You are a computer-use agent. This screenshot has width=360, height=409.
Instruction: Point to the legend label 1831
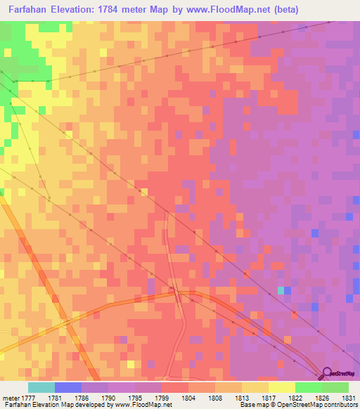[x=347, y=397]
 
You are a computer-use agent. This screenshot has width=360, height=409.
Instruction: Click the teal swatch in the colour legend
[x=41, y=387]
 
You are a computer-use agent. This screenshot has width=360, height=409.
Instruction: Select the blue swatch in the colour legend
[x=68, y=387]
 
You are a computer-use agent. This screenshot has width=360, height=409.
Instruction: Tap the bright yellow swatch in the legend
[x=282, y=387]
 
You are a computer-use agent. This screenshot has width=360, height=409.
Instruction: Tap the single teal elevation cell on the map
[x=281, y=290]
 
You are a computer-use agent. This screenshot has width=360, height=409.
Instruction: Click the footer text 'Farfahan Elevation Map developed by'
[x=53, y=405]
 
